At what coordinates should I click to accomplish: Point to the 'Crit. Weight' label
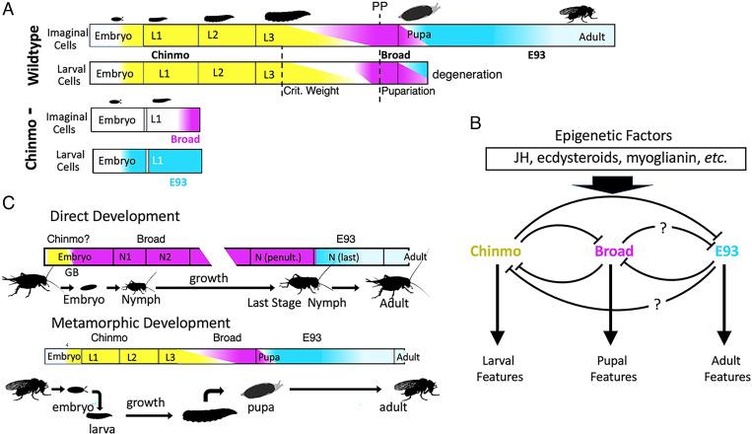pos(312,90)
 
